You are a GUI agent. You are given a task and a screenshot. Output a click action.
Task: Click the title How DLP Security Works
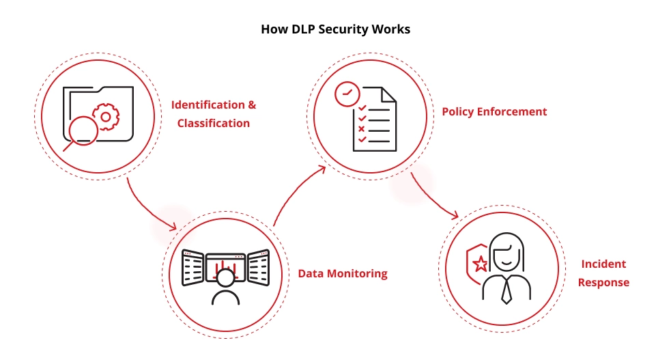click(335, 30)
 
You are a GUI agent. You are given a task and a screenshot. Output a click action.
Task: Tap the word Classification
click(213, 124)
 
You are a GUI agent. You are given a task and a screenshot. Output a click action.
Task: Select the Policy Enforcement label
click(494, 111)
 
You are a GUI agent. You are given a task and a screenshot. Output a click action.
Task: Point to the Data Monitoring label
click(342, 274)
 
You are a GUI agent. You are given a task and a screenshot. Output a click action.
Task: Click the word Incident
click(603, 264)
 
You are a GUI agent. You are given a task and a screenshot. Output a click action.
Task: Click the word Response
click(603, 282)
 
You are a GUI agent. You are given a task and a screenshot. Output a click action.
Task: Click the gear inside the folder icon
click(105, 117)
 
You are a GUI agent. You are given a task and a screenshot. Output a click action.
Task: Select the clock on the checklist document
click(347, 94)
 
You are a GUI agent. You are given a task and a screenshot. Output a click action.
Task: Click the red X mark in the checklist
click(362, 128)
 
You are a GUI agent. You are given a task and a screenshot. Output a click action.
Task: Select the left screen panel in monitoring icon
click(192, 268)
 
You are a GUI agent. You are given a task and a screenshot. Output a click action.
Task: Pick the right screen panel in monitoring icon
click(257, 268)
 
